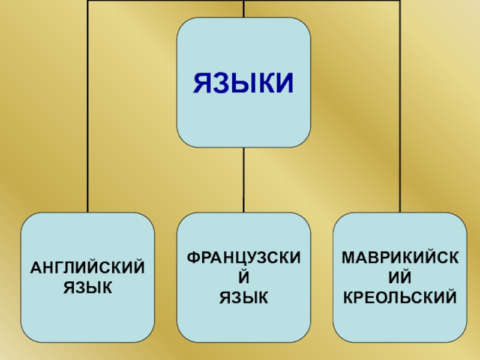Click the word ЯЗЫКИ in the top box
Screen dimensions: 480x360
coord(244,83)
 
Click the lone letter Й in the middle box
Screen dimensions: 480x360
coord(244,277)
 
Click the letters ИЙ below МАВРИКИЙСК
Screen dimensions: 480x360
coord(400,277)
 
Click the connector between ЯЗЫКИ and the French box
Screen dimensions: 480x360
coord(244,180)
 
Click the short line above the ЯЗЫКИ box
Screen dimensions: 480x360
coord(244,8)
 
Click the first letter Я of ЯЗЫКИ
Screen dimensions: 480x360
coord(202,83)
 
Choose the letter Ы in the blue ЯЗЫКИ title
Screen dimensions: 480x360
coord(243,83)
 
